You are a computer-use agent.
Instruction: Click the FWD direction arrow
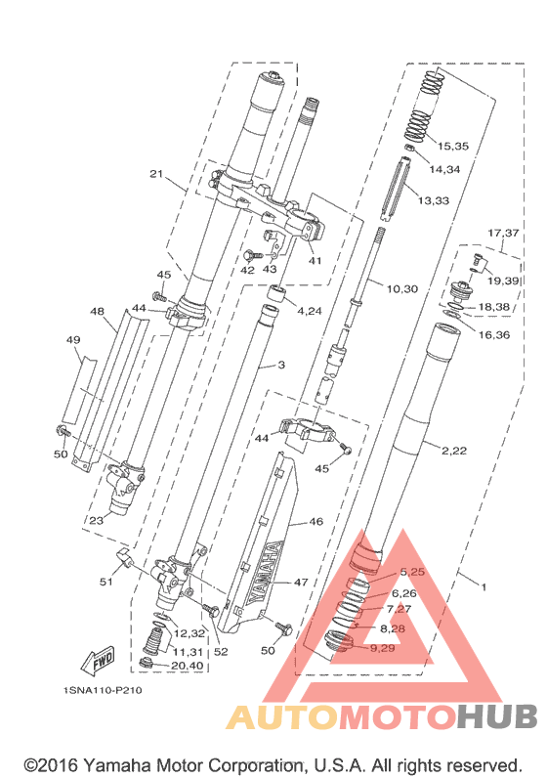tap(98, 661)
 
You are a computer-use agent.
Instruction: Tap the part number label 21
tap(156, 174)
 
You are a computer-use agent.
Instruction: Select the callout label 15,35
tap(452, 146)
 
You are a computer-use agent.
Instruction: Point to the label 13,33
tap(434, 200)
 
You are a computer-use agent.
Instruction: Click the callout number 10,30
tap(402, 288)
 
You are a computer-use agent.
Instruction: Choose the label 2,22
tap(453, 451)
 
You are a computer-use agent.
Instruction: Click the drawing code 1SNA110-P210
tap(103, 690)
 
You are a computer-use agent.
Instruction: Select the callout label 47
tap(301, 582)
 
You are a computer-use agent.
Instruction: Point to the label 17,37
tap(503, 233)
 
